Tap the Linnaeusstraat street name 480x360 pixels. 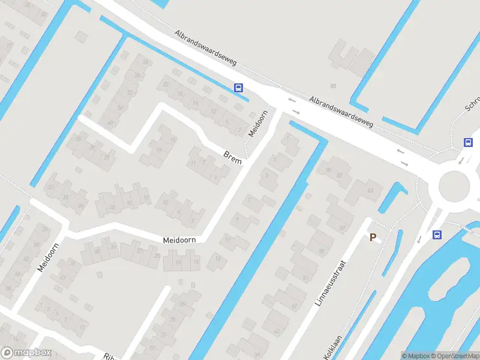(331, 283)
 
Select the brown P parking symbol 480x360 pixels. (373, 238)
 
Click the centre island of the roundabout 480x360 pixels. (456, 187)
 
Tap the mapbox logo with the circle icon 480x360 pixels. (26, 353)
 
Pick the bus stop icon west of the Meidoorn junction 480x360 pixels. (238, 88)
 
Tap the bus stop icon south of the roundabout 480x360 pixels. (437, 235)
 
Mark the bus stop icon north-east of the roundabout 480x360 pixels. (467, 142)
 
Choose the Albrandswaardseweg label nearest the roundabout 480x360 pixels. (341, 112)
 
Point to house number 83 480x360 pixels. (333, 86)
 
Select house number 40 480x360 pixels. (110, 122)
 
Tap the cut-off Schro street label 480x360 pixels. (472, 106)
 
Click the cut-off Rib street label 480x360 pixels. (109, 355)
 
